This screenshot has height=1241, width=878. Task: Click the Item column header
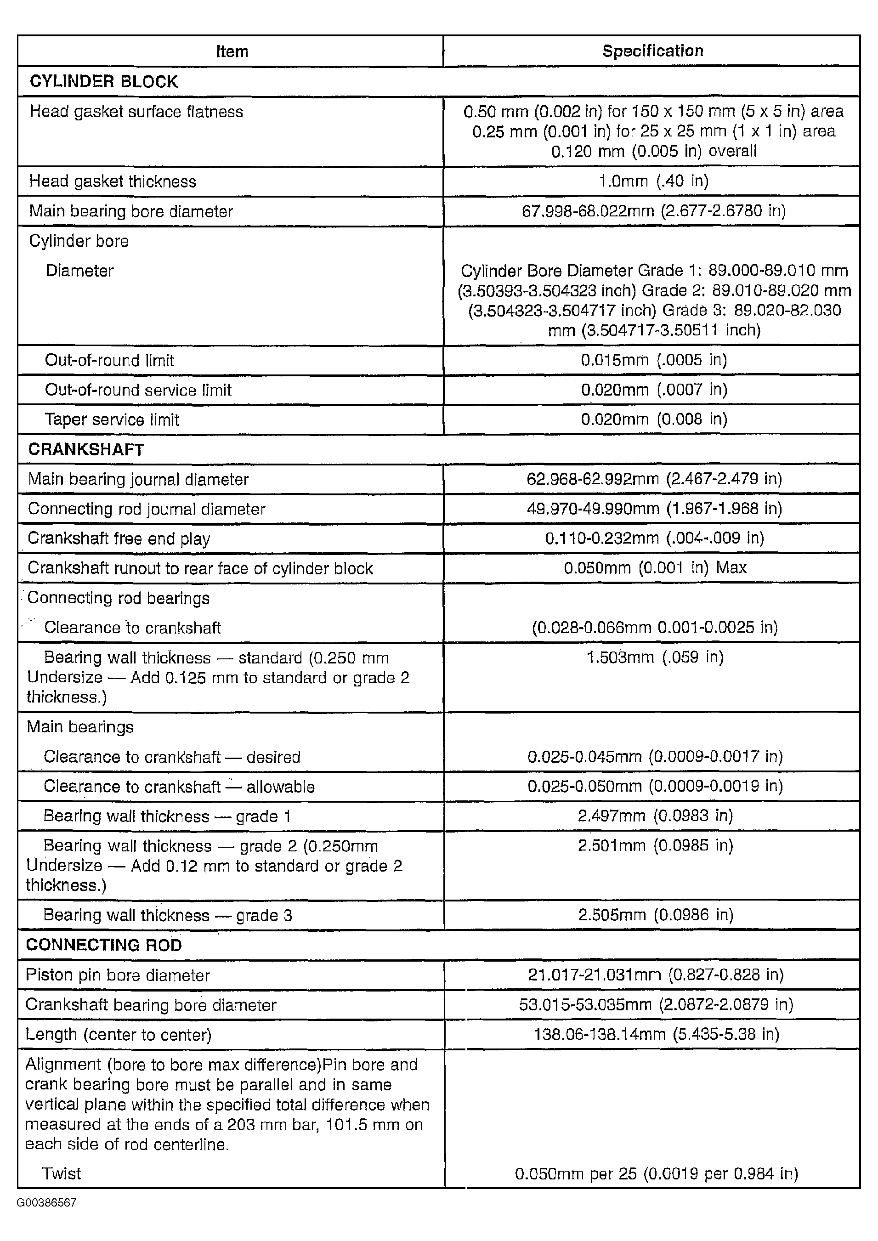point(232,51)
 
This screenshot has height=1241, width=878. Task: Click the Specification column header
point(652,51)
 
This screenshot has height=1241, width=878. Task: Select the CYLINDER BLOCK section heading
point(103,82)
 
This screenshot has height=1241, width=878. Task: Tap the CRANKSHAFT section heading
point(86,450)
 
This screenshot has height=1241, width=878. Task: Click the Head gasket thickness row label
point(113,181)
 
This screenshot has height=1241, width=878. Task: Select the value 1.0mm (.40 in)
point(653,181)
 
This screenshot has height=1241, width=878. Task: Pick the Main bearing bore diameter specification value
point(653,210)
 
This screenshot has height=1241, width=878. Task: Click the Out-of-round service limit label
point(138,390)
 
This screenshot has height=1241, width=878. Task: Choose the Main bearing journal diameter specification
point(654,479)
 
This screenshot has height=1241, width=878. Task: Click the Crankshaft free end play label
point(119,538)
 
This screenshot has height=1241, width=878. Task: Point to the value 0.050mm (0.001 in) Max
point(655,567)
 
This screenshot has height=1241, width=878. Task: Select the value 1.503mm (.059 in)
point(655,657)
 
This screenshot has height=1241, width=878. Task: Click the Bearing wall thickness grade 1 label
point(167,816)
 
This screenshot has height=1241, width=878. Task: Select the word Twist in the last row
point(61,1173)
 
